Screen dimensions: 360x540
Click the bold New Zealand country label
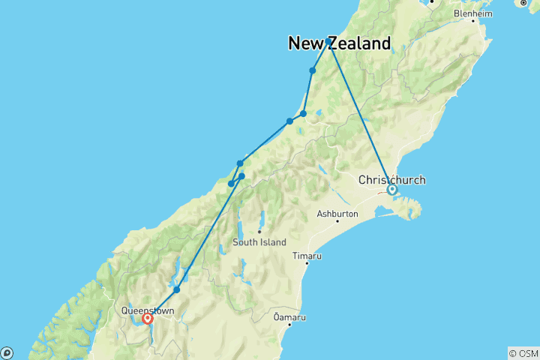[x=339, y=43]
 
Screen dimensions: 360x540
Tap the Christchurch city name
[x=391, y=180]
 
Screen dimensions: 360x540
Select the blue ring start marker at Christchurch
[x=391, y=190]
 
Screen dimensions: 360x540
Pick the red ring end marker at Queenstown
[x=148, y=318]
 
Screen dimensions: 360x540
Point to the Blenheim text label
[x=472, y=13]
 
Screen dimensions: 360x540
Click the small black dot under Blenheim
[x=472, y=21]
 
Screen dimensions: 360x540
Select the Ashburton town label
[x=337, y=214]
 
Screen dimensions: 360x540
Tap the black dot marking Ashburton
[x=337, y=221]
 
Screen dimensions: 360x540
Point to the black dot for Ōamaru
[x=289, y=325]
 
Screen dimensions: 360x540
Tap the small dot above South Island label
[x=259, y=232]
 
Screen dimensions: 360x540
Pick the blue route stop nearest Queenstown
[x=176, y=289]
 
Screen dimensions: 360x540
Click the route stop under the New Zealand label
[x=313, y=70]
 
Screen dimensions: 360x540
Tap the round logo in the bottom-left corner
[x=6, y=353]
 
